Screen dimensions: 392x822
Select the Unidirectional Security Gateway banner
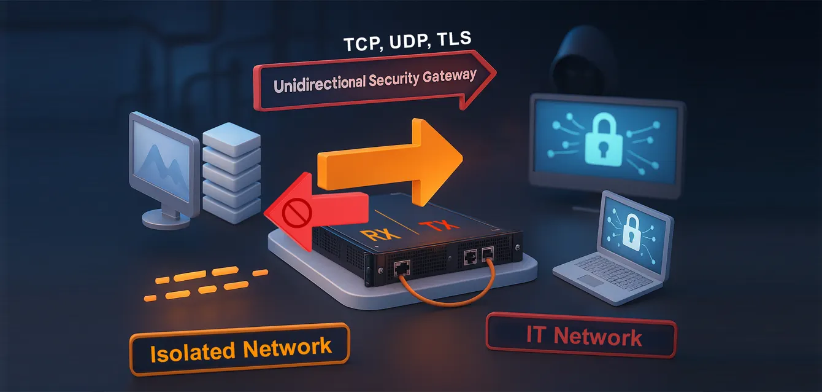click(368, 82)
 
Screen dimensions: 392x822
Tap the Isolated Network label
click(240, 350)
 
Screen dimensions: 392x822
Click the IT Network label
click(580, 336)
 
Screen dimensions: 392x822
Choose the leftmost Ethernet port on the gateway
click(402, 266)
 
